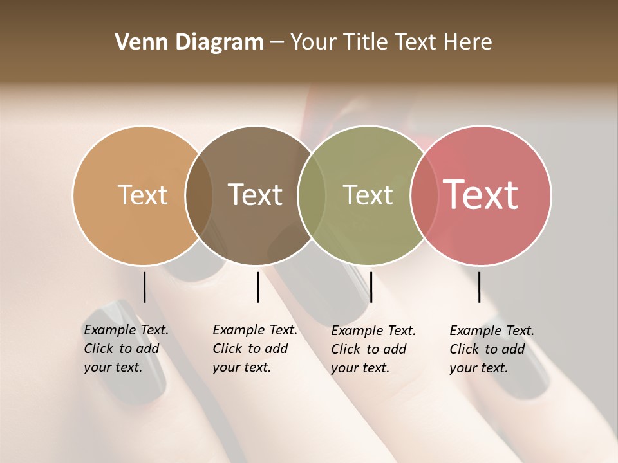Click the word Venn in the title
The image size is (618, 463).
[x=138, y=42]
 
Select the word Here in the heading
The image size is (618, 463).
[x=468, y=42]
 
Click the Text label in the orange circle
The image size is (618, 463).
[x=142, y=195]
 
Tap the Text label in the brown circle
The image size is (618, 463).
[x=255, y=195]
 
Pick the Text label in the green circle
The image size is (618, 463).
[x=368, y=195]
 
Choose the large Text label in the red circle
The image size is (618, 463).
[x=481, y=195]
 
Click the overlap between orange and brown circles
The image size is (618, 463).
[x=199, y=195]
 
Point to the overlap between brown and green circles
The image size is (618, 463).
[x=312, y=195]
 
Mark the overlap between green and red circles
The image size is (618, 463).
[x=424, y=195]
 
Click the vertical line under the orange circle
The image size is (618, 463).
[x=144, y=287]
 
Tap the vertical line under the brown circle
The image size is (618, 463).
[x=257, y=287]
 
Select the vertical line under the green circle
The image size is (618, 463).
[x=371, y=287]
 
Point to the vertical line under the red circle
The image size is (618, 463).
[x=480, y=287]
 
